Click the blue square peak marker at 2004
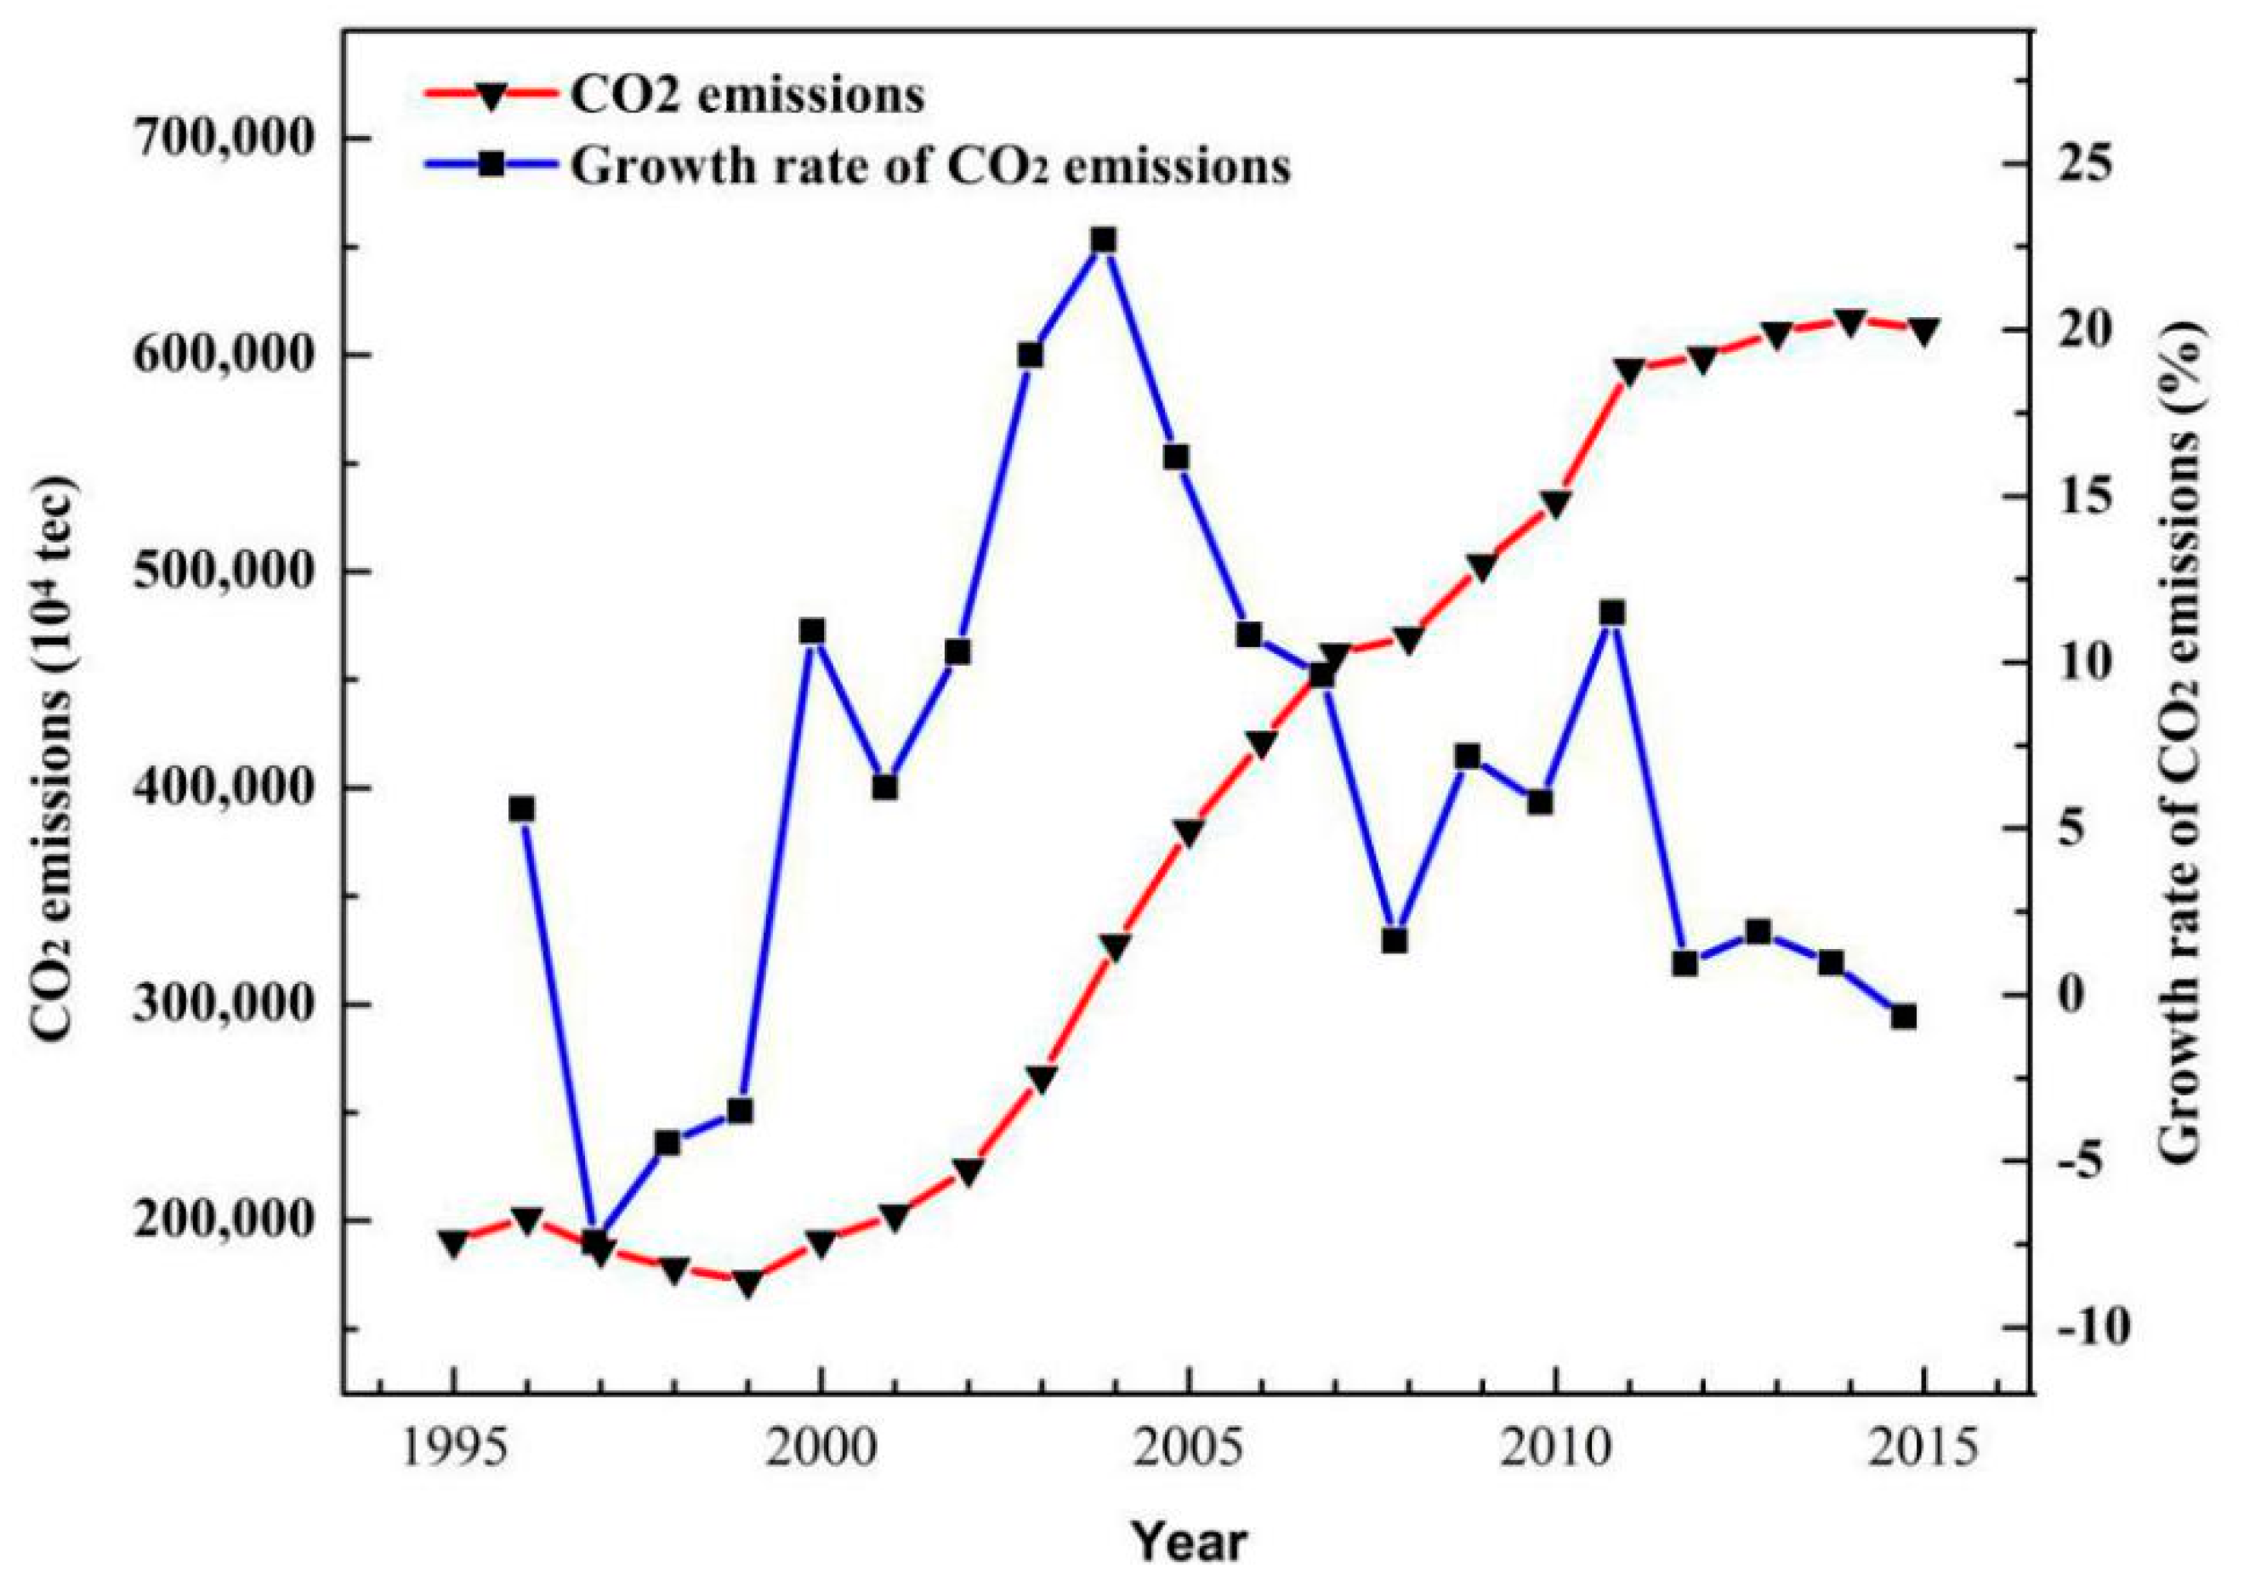click(1104, 241)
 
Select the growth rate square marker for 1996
click(522, 809)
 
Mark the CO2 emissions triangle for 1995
click(452, 1243)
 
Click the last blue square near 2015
click(1903, 1017)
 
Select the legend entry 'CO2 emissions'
click(747, 97)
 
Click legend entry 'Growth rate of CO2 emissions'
click(929, 166)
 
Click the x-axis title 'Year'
click(1190, 1543)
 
